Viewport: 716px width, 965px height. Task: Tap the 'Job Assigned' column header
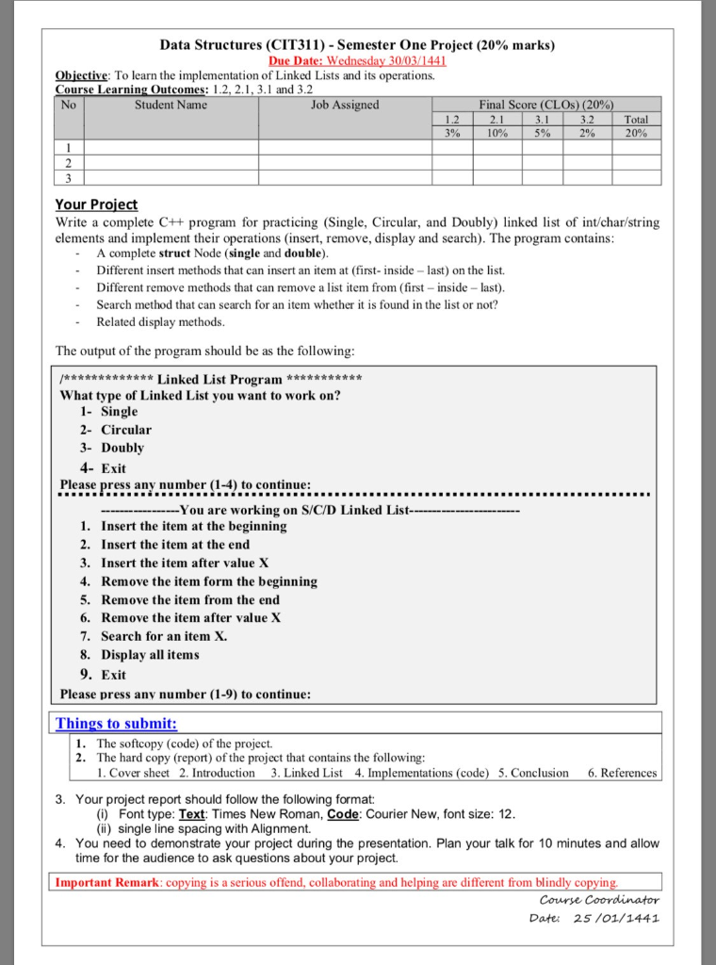click(x=345, y=105)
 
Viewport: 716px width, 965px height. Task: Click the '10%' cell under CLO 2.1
click(x=497, y=133)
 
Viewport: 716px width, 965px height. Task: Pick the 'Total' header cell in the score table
click(x=636, y=120)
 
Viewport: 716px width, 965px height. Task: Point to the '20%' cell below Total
click(x=636, y=133)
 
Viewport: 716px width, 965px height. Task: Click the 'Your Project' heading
click(x=96, y=204)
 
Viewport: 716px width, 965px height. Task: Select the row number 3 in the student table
click(x=69, y=177)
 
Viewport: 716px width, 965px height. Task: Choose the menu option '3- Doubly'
click(x=112, y=448)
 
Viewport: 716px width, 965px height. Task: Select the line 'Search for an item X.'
click(x=164, y=636)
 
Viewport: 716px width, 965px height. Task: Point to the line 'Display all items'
click(x=150, y=654)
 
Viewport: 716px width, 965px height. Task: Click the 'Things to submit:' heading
click(x=116, y=724)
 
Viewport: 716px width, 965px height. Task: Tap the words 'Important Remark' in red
click(x=106, y=883)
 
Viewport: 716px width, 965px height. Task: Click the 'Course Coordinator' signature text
click(x=594, y=900)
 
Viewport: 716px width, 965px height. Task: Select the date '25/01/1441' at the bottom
click(x=616, y=918)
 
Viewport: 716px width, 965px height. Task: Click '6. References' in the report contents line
click(x=622, y=773)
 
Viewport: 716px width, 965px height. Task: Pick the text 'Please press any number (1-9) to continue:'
click(x=185, y=694)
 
